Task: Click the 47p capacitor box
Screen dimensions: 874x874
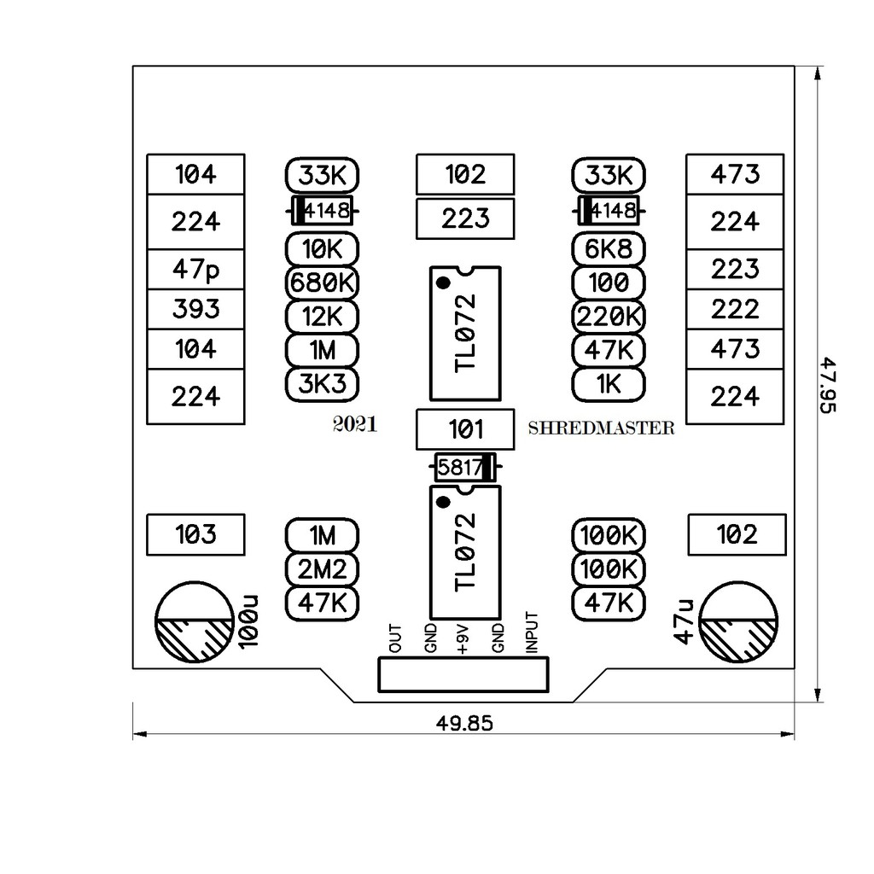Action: [196, 270]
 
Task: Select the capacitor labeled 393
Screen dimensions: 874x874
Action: [196, 309]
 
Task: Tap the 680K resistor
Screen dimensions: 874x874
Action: [322, 283]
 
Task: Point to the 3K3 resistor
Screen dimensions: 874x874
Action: [322, 383]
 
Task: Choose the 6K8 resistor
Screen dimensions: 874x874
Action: [609, 250]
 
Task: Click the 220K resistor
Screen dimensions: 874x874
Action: [609, 317]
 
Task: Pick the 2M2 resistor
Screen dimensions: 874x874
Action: [322, 568]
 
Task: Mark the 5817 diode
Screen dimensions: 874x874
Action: [465, 468]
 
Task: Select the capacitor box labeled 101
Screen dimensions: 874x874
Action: [465, 429]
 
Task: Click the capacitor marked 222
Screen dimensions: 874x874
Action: [735, 309]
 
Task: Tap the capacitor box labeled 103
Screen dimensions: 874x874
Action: [196, 535]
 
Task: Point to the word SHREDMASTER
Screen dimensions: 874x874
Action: [601, 428]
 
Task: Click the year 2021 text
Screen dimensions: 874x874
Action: [355, 426]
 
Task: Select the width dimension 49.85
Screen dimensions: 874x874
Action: [464, 724]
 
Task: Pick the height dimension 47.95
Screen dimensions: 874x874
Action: [827, 385]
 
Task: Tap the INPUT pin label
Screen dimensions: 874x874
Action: [533, 633]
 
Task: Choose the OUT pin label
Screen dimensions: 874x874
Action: [395, 638]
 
